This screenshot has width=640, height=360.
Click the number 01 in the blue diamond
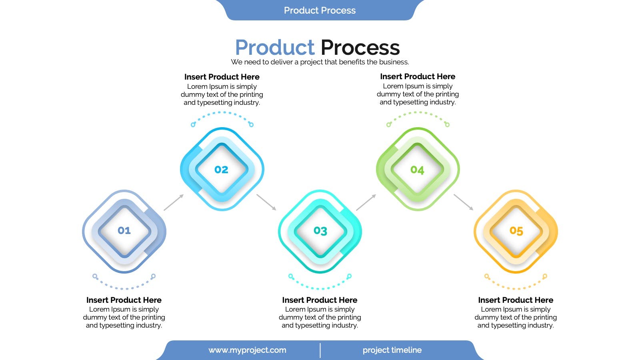[x=124, y=230]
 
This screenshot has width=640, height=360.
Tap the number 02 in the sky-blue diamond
[x=222, y=170]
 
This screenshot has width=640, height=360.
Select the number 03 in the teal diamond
[x=320, y=230]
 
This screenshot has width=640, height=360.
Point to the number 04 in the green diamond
[x=418, y=170]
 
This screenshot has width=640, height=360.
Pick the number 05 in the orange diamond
[x=516, y=230]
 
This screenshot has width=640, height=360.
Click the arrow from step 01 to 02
[x=174, y=202]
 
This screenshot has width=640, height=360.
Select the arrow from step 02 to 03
[x=266, y=202]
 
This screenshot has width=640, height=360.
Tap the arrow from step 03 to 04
[x=366, y=202]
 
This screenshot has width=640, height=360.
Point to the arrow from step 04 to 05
[x=464, y=202]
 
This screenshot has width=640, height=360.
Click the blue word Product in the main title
[x=275, y=48]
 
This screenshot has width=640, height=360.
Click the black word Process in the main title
[x=360, y=48]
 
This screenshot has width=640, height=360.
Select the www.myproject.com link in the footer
[x=248, y=350]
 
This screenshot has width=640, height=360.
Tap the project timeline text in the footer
[x=392, y=350]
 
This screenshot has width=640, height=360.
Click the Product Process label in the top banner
[x=320, y=10]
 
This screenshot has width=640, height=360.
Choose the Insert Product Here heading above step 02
[x=222, y=77]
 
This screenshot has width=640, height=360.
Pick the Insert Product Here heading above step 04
[x=418, y=76]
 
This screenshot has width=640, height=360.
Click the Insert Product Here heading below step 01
[x=124, y=300]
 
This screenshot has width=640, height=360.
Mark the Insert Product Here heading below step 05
[x=516, y=300]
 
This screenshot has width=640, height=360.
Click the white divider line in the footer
[x=320, y=350]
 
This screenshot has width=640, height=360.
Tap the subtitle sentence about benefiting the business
[x=320, y=62]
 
